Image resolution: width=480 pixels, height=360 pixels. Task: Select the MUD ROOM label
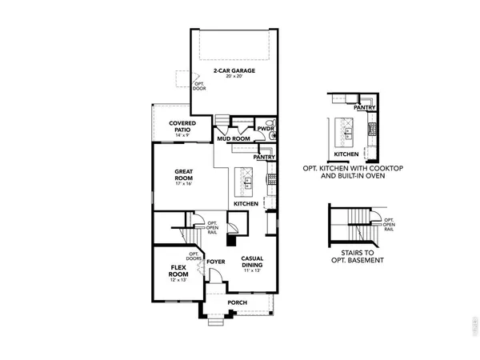click(234, 138)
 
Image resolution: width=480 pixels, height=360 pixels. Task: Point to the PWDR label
click(266, 128)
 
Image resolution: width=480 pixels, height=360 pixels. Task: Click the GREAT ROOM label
click(186, 173)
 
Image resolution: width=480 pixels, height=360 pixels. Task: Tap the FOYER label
click(215, 261)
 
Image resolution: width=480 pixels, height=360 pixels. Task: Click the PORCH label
click(236, 302)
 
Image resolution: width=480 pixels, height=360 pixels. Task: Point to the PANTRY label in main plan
click(265, 158)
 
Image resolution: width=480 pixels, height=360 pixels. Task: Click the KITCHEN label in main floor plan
click(246, 205)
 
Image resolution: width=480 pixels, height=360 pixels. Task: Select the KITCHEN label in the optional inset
click(346, 153)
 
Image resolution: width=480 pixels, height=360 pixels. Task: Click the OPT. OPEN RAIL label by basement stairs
click(389, 225)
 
